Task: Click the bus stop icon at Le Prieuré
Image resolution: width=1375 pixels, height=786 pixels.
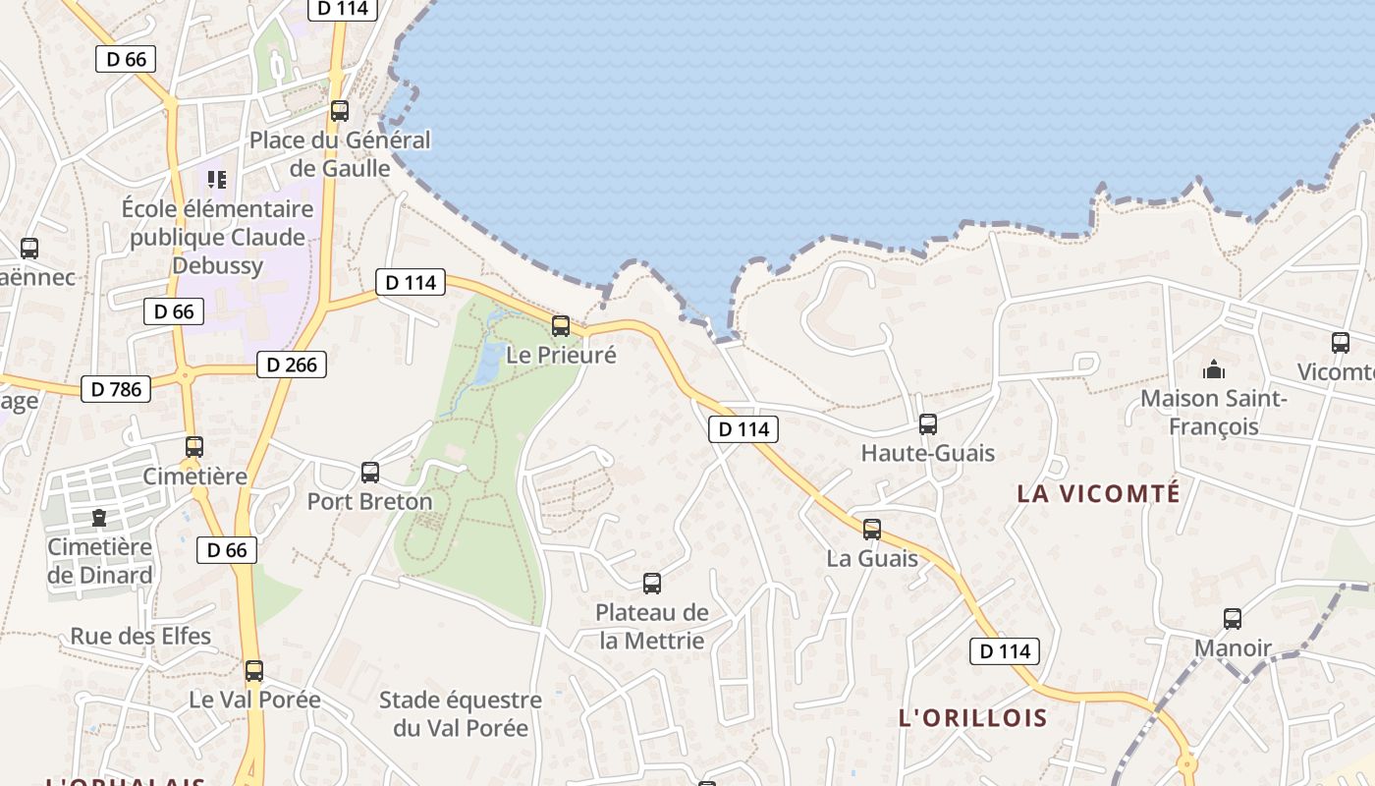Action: tap(561, 326)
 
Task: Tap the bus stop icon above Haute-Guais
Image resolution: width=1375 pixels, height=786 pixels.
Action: tap(928, 424)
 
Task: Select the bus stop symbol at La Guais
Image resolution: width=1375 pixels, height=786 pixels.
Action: tap(872, 530)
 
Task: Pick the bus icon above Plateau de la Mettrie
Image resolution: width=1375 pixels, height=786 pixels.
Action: tap(652, 584)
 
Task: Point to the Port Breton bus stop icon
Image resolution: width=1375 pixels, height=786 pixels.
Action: tap(370, 473)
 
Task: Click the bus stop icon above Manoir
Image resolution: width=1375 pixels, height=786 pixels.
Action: tap(1233, 619)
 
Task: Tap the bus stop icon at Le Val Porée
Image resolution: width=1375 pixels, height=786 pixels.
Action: tap(254, 671)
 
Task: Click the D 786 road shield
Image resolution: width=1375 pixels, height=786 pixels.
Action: tap(117, 389)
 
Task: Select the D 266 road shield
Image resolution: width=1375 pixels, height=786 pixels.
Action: tap(292, 365)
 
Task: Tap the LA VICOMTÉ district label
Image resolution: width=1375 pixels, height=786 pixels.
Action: tap(1098, 493)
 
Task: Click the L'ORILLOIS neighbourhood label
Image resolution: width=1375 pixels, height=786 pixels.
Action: tap(973, 718)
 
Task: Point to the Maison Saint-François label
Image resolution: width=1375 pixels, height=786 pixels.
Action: tap(1213, 413)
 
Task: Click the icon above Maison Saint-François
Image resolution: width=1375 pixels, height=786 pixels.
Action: tap(1214, 369)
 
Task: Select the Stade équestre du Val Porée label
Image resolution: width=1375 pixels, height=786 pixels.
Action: tap(461, 714)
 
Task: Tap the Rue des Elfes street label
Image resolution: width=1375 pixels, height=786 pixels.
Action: tap(140, 636)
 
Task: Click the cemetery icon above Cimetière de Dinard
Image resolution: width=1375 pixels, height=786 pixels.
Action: tap(99, 517)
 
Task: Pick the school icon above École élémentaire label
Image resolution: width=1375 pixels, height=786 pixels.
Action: tap(217, 179)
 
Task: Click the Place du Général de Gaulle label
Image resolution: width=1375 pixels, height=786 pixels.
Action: tap(340, 154)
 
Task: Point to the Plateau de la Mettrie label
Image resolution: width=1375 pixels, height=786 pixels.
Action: tap(652, 627)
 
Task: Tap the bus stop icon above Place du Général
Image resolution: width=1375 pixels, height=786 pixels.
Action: tap(340, 111)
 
